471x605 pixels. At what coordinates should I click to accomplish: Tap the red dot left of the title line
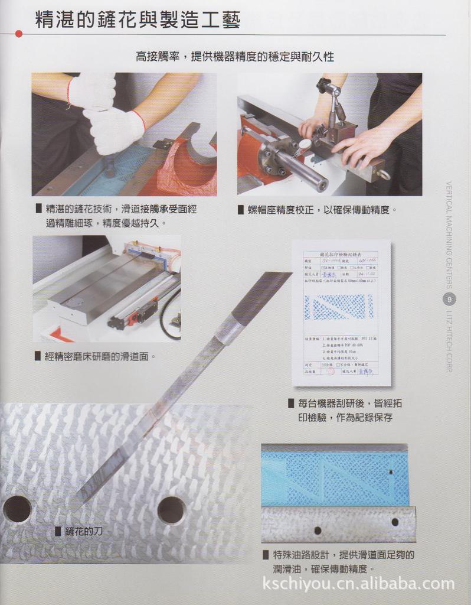click(x=19, y=34)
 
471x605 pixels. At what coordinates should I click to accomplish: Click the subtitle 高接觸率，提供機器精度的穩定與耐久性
click(x=235, y=57)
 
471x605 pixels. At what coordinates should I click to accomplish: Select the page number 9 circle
click(x=450, y=299)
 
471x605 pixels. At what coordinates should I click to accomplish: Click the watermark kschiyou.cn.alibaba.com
click(x=358, y=584)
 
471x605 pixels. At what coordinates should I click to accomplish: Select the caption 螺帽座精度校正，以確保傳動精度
click(x=322, y=210)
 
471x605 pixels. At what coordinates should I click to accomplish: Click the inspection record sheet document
click(x=342, y=312)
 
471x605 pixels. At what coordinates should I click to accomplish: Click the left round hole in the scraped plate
click(x=18, y=509)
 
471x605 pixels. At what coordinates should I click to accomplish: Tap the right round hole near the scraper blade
click(x=172, y=510)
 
